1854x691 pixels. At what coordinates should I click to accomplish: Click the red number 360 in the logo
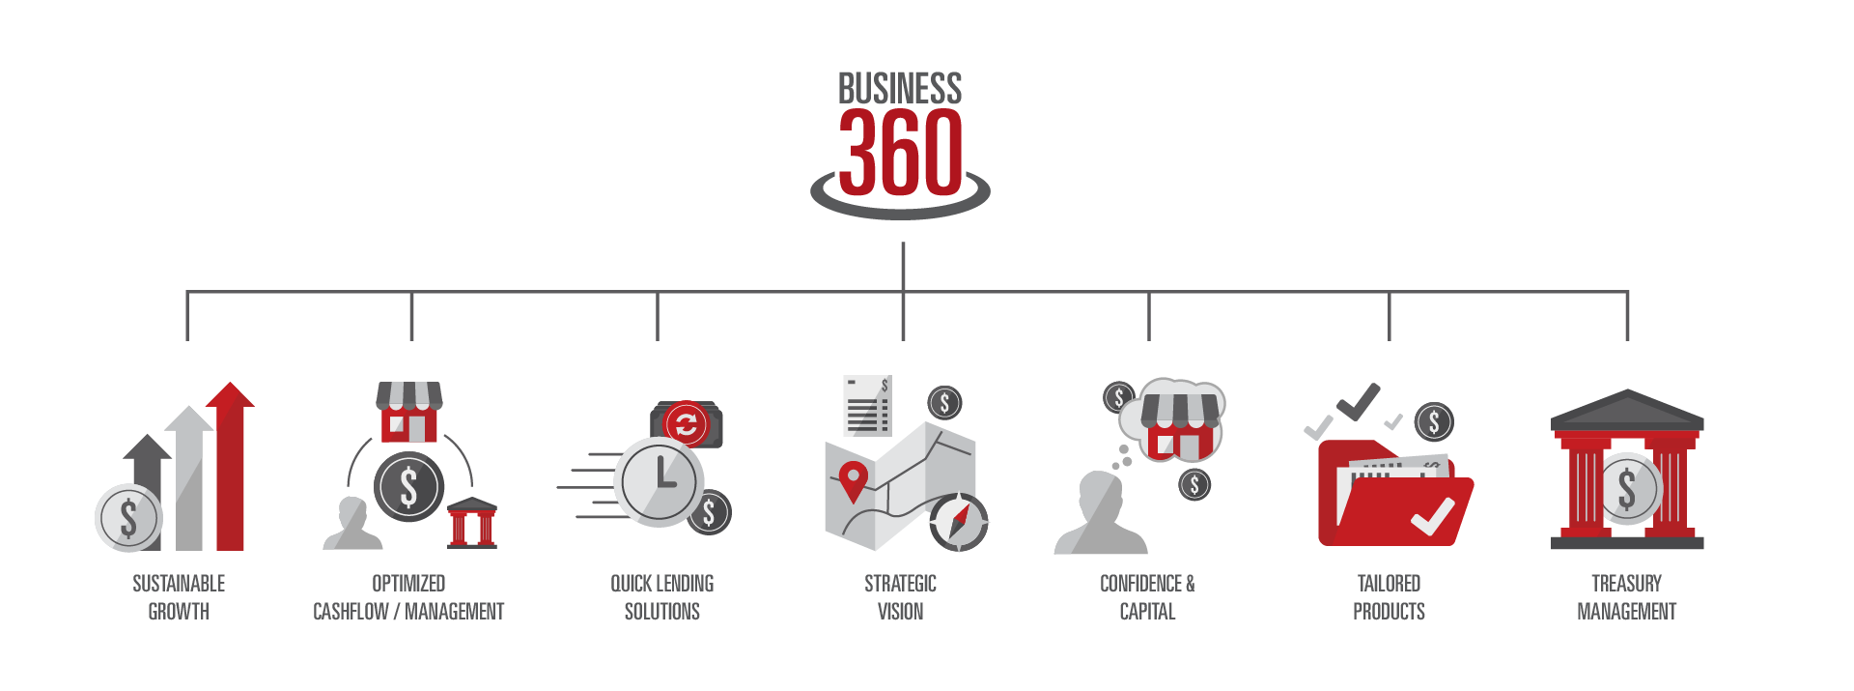click(900, 152)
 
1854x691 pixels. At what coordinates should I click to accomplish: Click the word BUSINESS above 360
click(900, 89)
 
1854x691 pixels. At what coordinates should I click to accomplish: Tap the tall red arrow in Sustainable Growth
click(230, 466)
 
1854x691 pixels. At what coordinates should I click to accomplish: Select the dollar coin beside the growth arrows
click(128, 518)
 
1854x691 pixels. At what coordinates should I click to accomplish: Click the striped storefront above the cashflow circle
click(409, 411)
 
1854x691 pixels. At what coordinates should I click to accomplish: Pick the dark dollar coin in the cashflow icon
click(408, 487)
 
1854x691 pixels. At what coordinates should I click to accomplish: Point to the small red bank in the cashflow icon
click(472, 523)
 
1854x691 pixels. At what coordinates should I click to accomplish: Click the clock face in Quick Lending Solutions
click(660, 481)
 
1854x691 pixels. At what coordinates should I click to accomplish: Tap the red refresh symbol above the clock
click(686, 424)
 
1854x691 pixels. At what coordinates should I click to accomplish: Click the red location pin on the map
click(853, 481)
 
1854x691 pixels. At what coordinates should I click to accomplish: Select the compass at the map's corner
click(958, 522)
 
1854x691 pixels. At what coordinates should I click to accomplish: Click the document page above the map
click(867, 406)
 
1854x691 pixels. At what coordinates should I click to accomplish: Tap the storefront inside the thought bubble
click(1179, 425)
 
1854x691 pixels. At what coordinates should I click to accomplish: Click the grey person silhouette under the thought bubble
click(1100, 513)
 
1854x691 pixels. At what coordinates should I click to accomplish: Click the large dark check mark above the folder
click(1359, 401)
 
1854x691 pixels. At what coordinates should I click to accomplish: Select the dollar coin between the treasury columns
click(1627, 489)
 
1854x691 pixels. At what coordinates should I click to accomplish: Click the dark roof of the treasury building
click(1627, 410)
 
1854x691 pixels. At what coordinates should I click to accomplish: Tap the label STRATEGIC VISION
click(900, 597)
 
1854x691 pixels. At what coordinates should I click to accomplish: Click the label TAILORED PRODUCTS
click(1389, 597)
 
